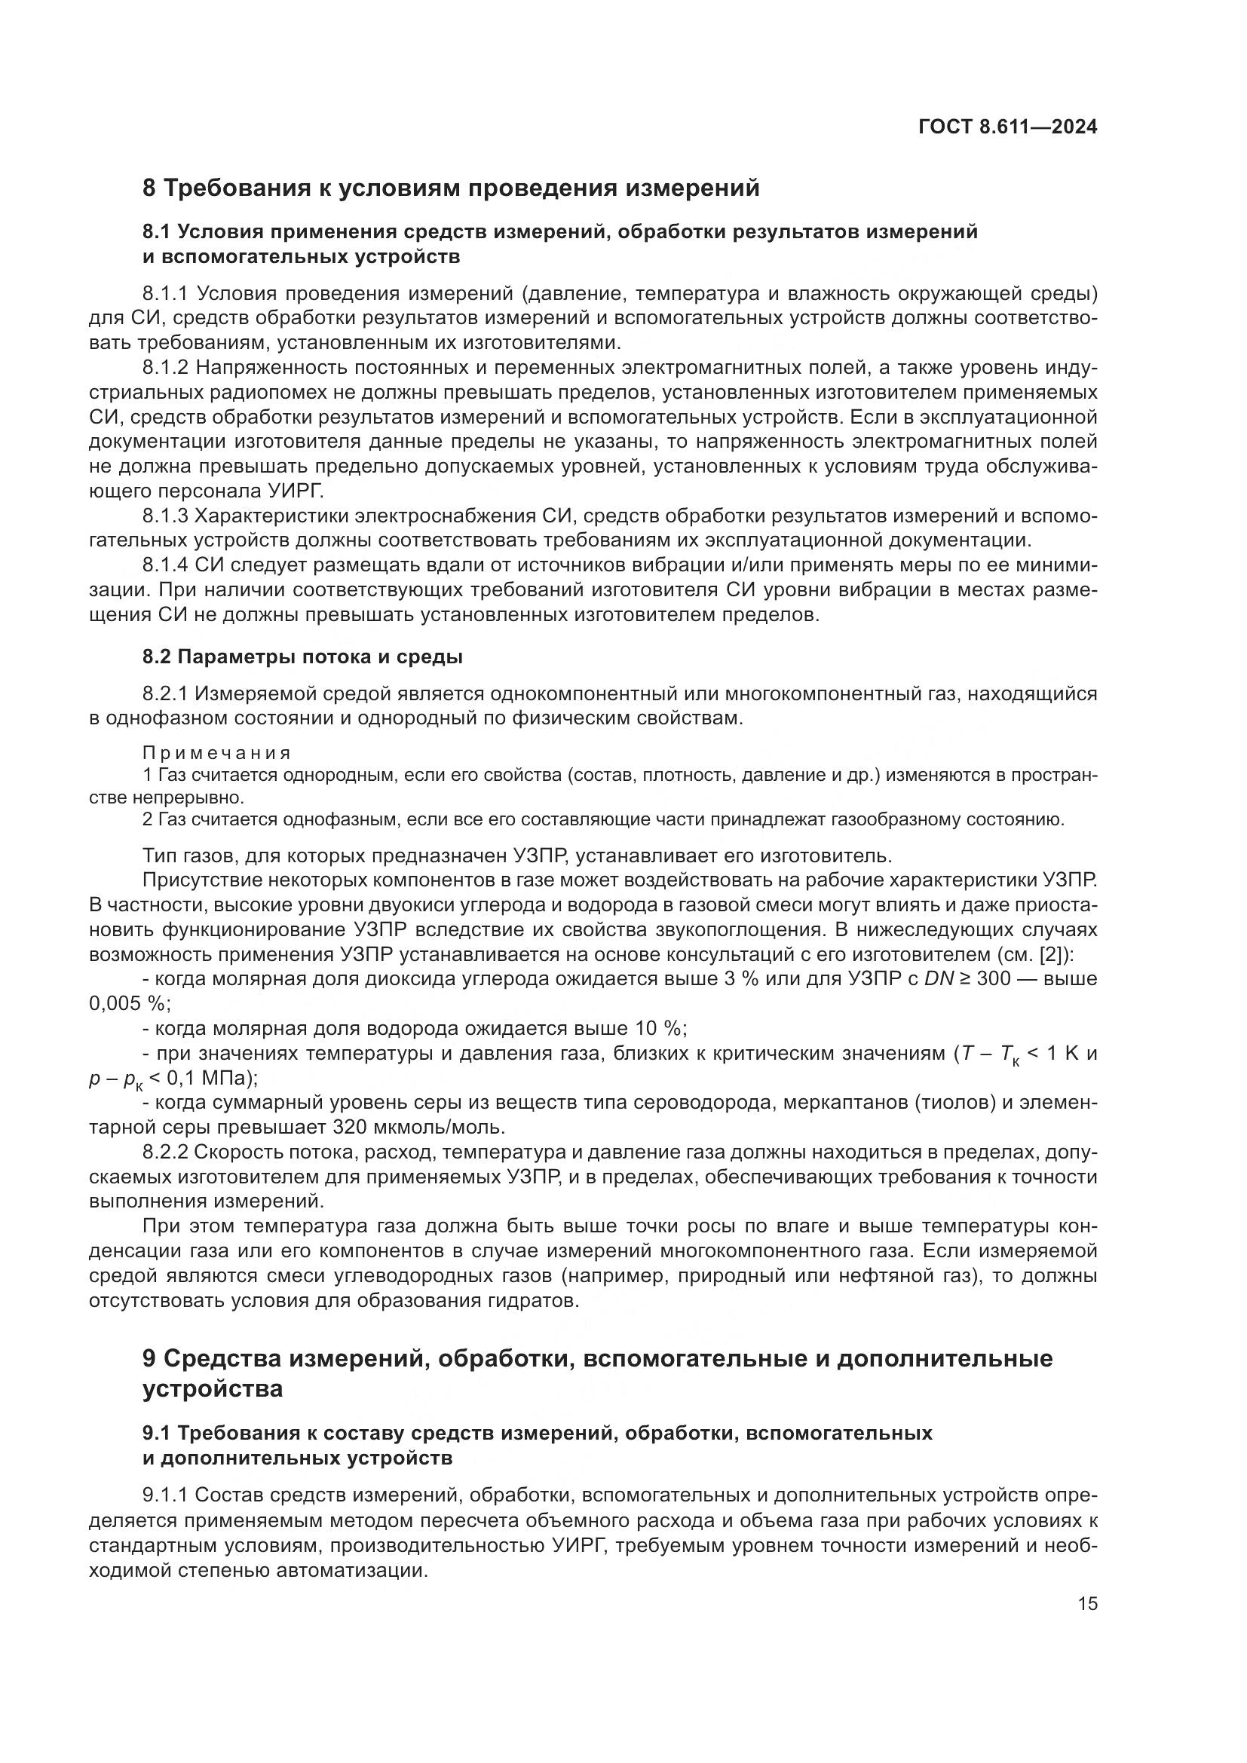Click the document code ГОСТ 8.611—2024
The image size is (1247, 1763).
point(1007,127)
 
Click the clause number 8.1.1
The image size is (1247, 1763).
point(165,293)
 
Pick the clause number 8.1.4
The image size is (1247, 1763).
point(165,565)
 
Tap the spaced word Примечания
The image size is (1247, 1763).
point(216,752)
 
